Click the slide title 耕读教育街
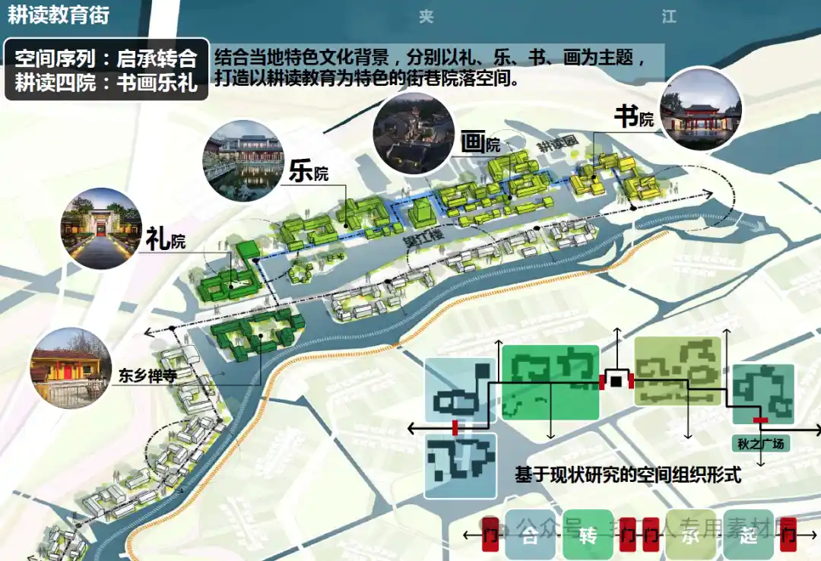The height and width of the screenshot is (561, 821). (x=59, y=15)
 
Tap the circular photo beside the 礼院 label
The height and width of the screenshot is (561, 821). (x=100, y=228)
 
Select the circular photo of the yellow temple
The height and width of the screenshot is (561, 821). (x=67, y=367)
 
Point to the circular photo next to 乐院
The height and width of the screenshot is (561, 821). (x=242, y=160)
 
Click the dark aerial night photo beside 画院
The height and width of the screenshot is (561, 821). (x=414, y=132)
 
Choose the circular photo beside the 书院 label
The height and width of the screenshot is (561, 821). (x=699, y=108)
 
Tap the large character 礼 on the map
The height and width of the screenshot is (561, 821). (x=157, y=240)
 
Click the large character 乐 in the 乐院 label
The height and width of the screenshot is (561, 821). (x=300, y=170)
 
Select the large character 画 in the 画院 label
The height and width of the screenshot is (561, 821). (x=472, y=141)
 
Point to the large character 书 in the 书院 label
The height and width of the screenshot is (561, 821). (x=626, y=116)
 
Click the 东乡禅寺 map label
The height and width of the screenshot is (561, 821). (x=148, y=376)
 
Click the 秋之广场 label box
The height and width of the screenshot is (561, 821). (x=760, y=443)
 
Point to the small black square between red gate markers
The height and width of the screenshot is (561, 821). (x=617, y=380)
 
